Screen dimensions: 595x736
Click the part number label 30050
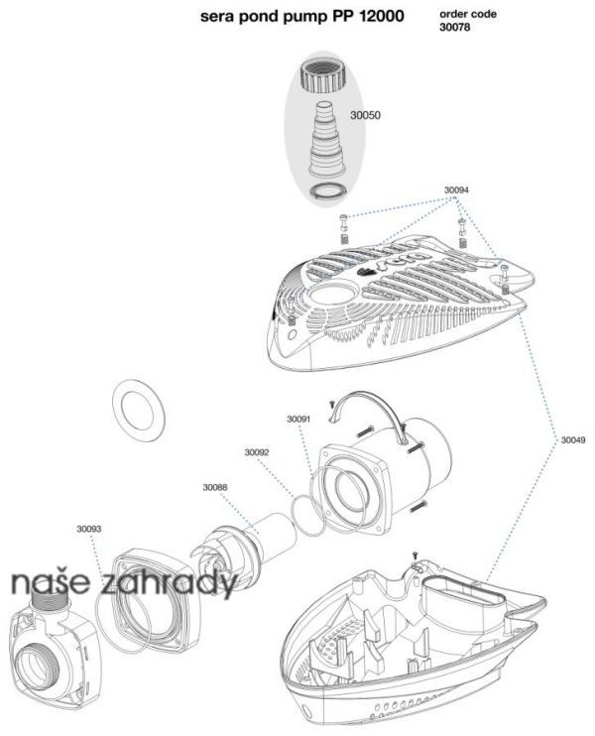(365, 115)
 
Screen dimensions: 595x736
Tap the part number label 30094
(456, 190)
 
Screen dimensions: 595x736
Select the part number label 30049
(573, 440)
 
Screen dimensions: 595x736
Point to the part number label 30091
(298, 419)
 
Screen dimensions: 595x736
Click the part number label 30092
(257, 452)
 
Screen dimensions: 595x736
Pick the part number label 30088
(215, 487)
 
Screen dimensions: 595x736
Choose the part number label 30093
(88, 529)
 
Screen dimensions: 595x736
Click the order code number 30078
(455, 27)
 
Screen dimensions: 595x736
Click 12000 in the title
(382, 16)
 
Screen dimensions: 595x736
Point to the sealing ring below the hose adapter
(329, 192)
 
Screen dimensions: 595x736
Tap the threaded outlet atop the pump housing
(50, 601)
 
